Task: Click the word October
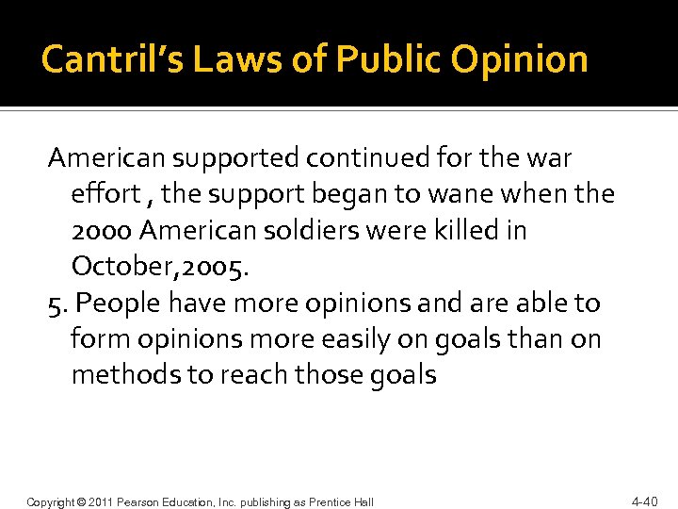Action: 122,267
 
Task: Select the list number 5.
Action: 56,304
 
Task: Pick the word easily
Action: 338,339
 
